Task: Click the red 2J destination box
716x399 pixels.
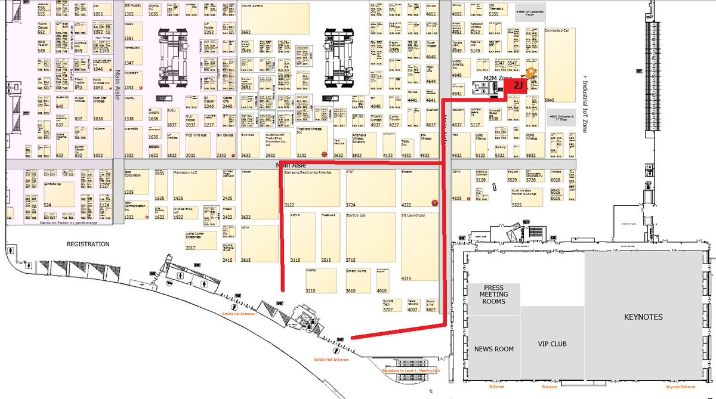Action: click(517, 86)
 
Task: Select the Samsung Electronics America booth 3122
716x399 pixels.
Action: click(310, 188)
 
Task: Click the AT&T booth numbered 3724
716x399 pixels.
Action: click(370, 188)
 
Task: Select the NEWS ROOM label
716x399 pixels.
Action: click(493, 349)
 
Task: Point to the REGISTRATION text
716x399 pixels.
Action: click(88, 244)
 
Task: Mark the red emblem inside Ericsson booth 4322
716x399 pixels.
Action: click(434, 203)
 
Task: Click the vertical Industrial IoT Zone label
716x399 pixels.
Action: click(585, 104)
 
